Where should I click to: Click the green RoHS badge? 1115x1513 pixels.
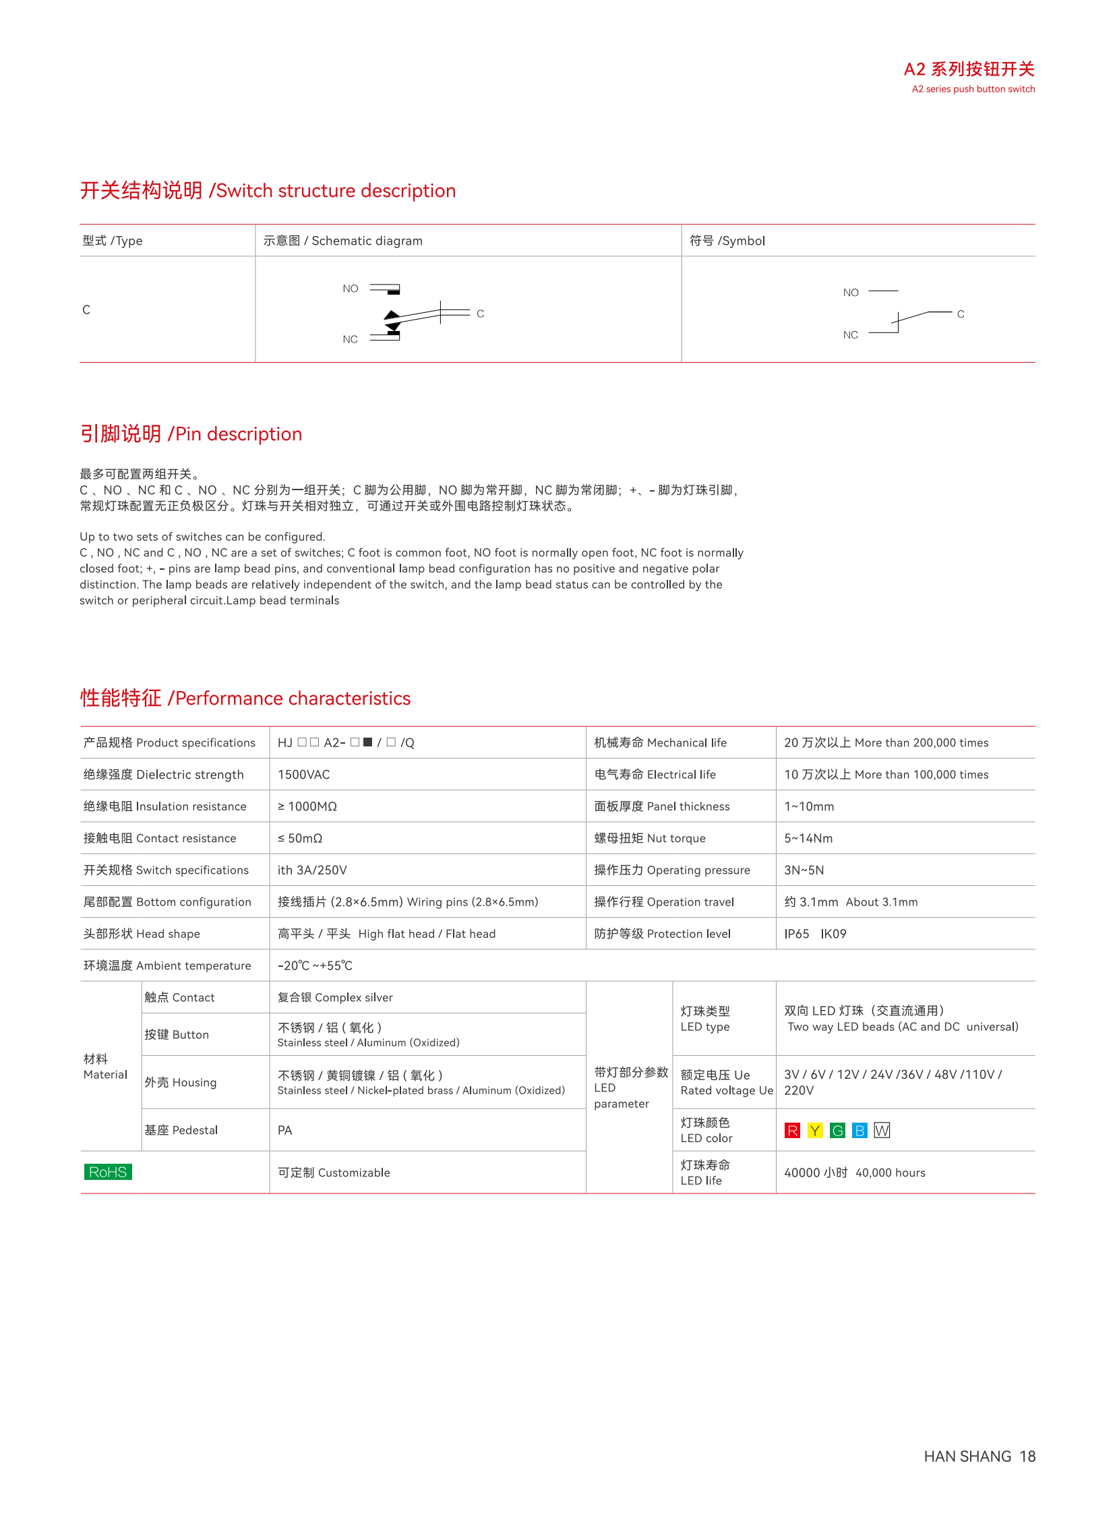click(108, 1172)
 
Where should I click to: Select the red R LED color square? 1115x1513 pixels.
click(792, 1130)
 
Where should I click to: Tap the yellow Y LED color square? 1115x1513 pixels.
click(815, 1130)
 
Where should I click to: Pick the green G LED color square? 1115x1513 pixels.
click(838, 1130)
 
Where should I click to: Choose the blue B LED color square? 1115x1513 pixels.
click(860, 1130)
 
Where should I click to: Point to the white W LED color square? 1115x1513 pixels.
click(882, 1130)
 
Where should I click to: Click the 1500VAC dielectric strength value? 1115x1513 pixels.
click(304, 775)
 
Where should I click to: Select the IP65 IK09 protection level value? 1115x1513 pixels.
click(814, 934)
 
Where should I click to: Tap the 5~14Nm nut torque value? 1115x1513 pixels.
click(808, 838)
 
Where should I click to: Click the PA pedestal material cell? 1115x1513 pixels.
click(285, 1130)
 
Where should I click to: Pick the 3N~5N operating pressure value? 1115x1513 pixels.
click(804, 870)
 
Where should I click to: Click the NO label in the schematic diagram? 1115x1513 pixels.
click(351, 289)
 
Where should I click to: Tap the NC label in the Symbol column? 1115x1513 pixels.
click(851, 335)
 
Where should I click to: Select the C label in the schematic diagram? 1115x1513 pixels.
click(481, 314)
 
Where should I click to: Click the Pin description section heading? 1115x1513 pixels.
click(191, 434)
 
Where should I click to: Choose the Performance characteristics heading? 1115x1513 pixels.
click(245, 698)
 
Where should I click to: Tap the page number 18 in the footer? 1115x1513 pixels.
click(1027, 1456)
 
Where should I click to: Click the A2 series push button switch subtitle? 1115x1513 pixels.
click(973, 89)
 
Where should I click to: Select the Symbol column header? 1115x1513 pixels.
click(727, 241)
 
